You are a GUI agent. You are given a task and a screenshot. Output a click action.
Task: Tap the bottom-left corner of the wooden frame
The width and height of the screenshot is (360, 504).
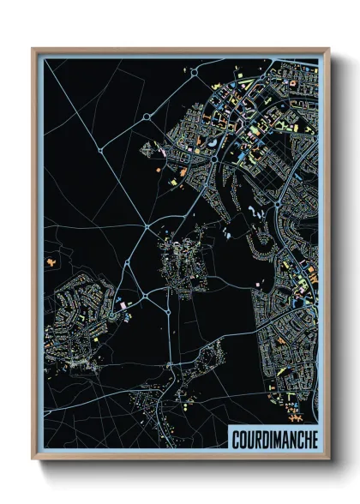(x=33, y=461)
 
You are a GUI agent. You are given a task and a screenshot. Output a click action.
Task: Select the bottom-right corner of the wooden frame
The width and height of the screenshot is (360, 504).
(x=328, y=461)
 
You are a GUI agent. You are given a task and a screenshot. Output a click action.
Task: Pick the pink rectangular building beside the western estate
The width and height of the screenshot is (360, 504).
(x=123, y=304)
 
